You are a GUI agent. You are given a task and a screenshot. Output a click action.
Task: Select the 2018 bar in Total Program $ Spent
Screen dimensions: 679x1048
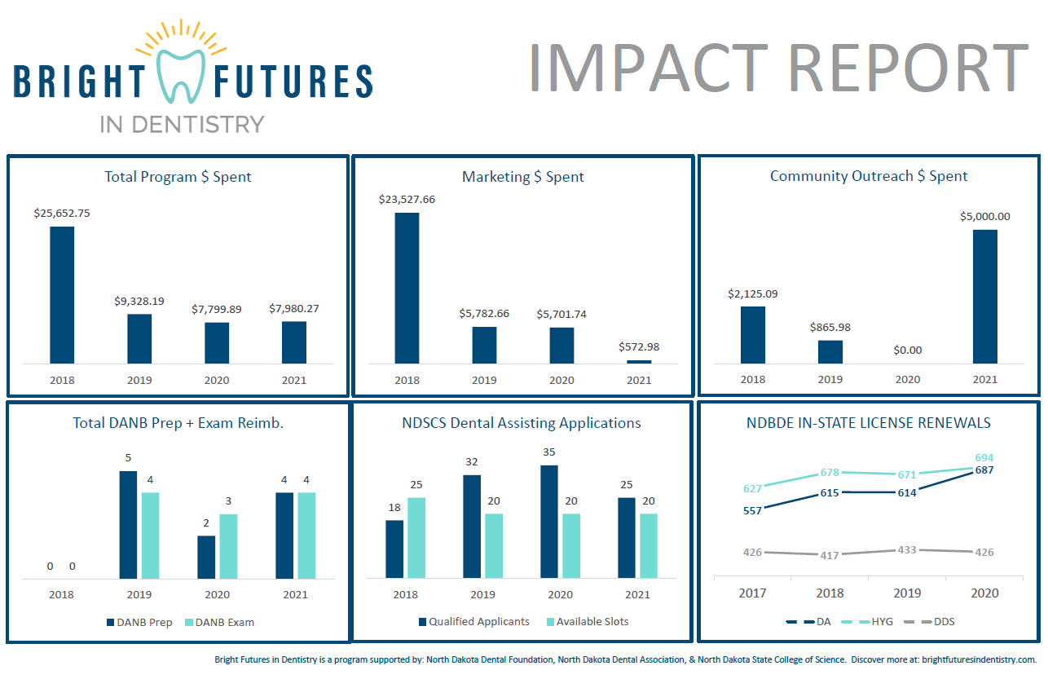click(62, 294)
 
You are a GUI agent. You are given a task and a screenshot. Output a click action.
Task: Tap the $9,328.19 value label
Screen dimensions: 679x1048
click(139, 301)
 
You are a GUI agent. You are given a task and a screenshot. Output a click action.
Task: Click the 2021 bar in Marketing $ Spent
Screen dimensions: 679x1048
click(639, 361)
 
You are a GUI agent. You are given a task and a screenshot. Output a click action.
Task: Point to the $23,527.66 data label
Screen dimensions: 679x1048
click(407, 199)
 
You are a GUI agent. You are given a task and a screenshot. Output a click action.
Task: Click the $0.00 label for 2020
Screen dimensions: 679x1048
click(907, 350)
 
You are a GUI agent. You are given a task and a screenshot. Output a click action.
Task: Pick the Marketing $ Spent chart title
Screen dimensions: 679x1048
click(522, 176)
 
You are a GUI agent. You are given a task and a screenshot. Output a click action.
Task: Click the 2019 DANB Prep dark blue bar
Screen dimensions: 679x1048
click(129, 524)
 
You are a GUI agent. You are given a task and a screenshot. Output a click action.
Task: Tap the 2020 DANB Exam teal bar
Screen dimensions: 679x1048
click(228, 545)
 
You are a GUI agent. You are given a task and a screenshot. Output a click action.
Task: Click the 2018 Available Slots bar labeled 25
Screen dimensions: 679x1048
click(416, 537)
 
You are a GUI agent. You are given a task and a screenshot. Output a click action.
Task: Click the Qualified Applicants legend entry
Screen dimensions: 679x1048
click(473, 621)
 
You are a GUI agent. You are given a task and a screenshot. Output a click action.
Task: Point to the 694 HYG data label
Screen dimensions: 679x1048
click(984, 457)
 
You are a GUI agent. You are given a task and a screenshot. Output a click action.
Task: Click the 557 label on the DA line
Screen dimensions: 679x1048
click(752, 510)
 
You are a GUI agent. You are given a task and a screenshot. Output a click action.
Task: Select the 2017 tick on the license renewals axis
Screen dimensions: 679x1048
click(752, 593)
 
